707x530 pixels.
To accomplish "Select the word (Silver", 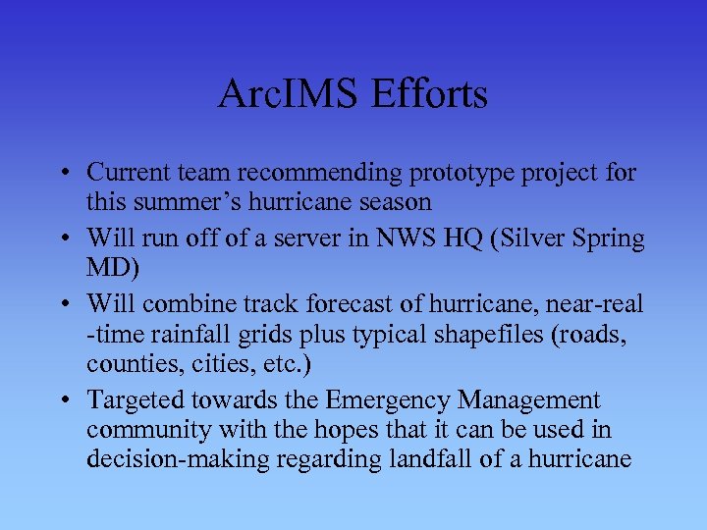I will [x=516, y=238].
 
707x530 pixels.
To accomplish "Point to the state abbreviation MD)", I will [x=112, y=268].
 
